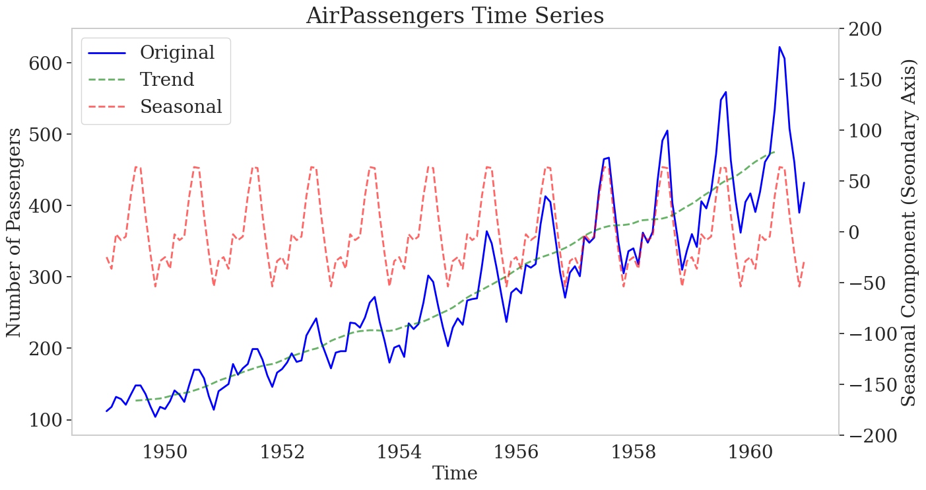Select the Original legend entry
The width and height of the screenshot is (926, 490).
coord(177,53)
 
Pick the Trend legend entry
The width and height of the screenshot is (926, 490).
coord(167,80)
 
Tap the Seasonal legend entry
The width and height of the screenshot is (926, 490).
coord(180,106)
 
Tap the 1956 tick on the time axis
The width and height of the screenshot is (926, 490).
coord(517,452)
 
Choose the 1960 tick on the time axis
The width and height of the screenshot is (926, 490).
coord(752,452)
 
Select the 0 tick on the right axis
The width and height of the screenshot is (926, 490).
coord(850,232)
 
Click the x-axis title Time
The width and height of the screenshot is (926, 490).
coord(454,473)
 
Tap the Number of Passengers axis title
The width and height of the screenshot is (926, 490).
coord(15,232)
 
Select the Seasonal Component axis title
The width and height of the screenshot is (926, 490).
coord(909,232)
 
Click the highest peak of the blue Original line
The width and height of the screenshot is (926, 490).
coord(779,48)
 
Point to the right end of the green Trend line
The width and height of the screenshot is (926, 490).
coord(774,152)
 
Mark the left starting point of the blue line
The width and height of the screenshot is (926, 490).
coord(106,411)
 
